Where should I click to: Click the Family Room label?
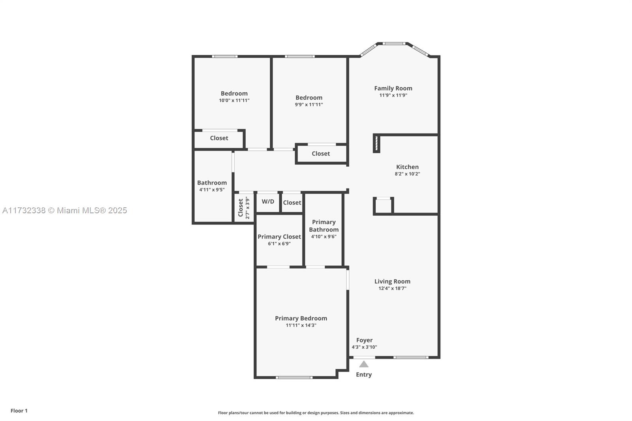(x=393, y=88)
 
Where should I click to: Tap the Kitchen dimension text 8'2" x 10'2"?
(x=407, y=174)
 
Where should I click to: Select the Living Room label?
(x=392, y=281)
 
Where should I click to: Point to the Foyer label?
(x=364, y=340)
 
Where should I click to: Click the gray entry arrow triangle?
(x=364, y=364)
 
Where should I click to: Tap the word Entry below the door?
(x=364, y=374)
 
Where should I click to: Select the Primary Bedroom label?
(x=301, y=318)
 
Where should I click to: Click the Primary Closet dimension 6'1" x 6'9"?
(x=279, y=244)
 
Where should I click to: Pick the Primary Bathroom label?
(x=324, y=226)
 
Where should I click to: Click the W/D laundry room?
(x=268, y=202)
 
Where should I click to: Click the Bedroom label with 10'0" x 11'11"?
(x=234, y=94)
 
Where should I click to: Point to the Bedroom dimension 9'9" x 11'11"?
(x=309, y=105)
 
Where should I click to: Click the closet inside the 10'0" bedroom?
(x=219, y=138)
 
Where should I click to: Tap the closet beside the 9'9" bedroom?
(x=321, y=154)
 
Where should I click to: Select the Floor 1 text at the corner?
(x=19, y=411)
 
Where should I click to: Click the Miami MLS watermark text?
(x=64, y=210)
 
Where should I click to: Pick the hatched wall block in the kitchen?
(x=376, y=143)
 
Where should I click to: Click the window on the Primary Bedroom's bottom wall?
(x=294, y=378)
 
